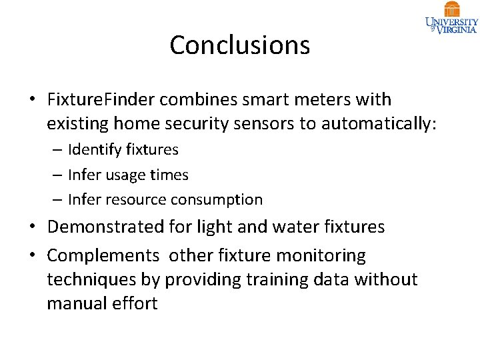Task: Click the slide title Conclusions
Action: [x=239, y=45]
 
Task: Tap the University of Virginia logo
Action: [x=451, y=18]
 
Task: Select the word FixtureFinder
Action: [x=101, y=100]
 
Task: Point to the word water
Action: [x=291, y=227]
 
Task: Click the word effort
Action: [x=137, y=303]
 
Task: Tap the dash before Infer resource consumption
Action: [x=58, y=199]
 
